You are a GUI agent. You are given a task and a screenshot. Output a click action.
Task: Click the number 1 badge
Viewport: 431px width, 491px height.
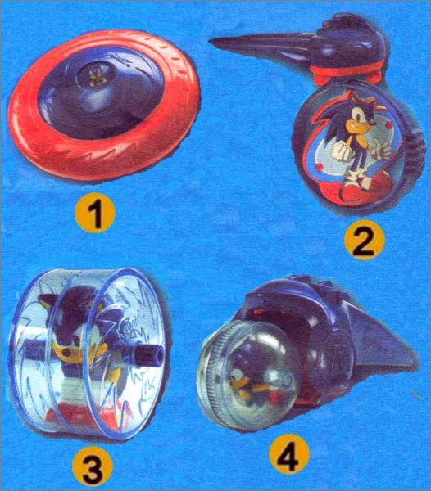point(95,214)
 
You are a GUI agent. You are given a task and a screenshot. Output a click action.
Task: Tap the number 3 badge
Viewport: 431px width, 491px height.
point(93,468)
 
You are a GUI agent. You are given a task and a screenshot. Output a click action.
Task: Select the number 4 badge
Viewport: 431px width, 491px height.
point(289,453)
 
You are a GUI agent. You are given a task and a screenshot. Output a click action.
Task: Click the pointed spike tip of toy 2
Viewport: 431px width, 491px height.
point(211,41)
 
